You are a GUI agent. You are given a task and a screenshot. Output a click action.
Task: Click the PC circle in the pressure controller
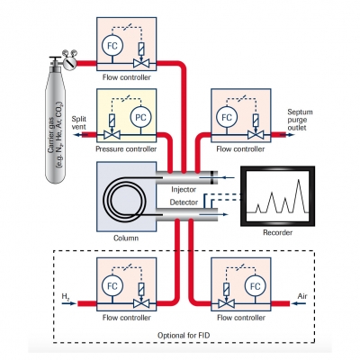140,117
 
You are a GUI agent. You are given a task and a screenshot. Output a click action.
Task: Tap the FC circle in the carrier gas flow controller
112,46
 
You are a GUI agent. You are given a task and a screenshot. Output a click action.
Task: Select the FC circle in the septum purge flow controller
227,117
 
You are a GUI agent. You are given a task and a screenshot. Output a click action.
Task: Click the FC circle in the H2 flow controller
112,286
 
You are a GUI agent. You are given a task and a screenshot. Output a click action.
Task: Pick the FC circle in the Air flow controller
255,286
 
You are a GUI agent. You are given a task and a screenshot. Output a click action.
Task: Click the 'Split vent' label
79,122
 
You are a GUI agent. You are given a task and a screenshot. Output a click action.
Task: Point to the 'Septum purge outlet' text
300,120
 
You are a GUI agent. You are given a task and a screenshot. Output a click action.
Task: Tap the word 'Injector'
184,189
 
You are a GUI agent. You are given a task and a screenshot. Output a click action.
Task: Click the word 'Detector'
184,202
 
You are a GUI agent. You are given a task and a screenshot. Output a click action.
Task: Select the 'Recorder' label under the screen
277,232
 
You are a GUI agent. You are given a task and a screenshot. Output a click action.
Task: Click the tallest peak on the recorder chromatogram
299,180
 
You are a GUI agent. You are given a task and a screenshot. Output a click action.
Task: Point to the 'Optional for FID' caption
184,335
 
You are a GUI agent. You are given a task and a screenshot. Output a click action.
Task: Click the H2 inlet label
66,296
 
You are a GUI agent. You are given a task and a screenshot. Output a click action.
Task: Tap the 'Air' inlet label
302,296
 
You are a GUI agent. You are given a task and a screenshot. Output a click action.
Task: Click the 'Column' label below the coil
126,238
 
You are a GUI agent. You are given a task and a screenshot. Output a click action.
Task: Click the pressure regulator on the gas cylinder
69,62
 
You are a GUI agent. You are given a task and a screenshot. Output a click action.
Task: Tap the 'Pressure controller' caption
126,148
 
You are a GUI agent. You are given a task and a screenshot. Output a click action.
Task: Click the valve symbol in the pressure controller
112,135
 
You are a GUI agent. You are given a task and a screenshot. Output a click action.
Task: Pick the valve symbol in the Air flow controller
226,304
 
